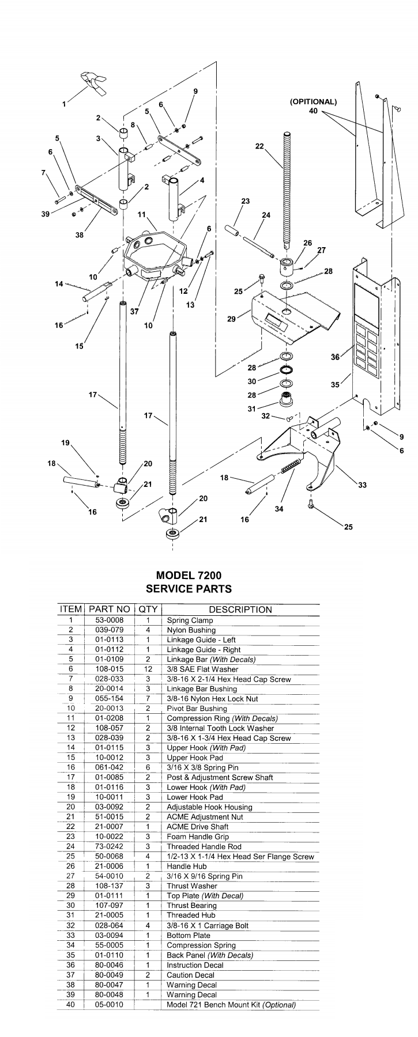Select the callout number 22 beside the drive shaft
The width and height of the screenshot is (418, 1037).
259,147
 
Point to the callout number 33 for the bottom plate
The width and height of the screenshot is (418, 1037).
362,485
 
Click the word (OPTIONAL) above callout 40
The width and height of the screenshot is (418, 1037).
313,101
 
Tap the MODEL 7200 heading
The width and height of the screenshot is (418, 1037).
189,575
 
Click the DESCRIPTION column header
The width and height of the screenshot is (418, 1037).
240,610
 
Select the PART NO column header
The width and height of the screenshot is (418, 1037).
110,610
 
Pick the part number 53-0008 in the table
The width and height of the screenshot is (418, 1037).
110,620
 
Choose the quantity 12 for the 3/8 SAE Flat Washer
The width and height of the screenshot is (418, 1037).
148,669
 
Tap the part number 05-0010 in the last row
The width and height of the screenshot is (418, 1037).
110,1005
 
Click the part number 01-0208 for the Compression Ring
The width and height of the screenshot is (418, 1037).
110,718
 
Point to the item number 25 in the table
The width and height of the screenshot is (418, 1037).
71,857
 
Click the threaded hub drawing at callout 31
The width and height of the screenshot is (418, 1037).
286,398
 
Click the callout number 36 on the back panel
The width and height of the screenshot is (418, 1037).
335,357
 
